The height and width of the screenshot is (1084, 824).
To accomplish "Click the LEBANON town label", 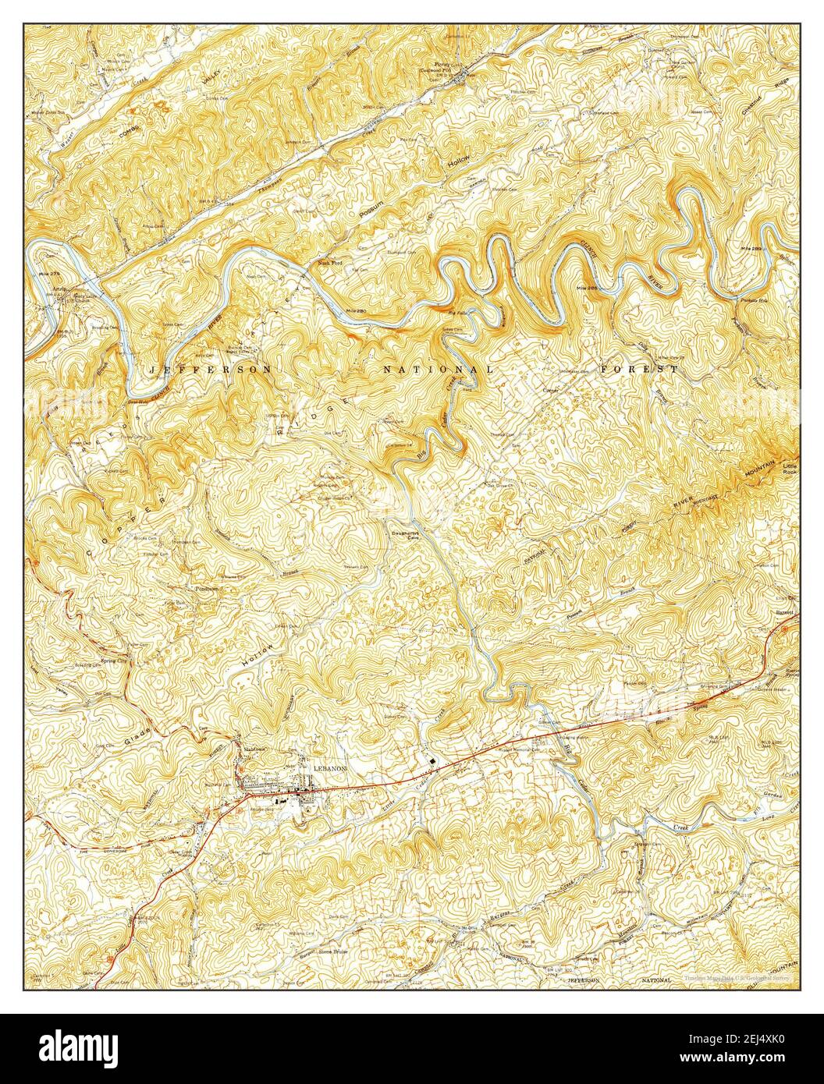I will click(x=329, y=767).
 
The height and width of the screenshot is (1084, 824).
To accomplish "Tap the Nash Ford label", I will click(x=332, y=263).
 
